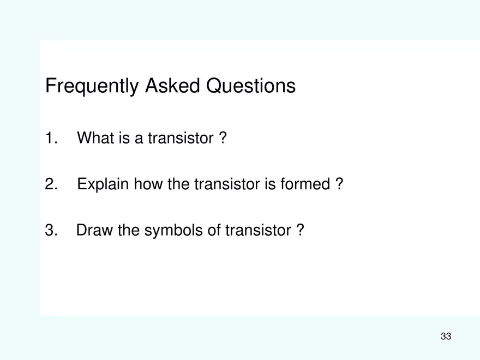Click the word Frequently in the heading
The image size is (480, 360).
(x=92, y=86)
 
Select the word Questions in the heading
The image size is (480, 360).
(x=250, y=86)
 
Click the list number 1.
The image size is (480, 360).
(x=51, y=139)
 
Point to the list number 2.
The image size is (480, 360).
(x=51, y=184)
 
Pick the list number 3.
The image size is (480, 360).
(x=51, y=230)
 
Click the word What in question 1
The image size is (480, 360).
(x=94, y=139)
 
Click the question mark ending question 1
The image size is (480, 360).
(x=223, y=139)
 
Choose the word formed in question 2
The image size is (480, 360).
(x=305, y=184)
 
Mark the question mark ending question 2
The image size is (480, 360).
(x=339, y=184)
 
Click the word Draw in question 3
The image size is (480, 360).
(x=94, y=230)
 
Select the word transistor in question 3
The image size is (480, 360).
(x=258, y=230)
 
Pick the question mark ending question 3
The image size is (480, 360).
(x=300, y=230)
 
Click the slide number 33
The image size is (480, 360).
(x=446, y=336)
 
